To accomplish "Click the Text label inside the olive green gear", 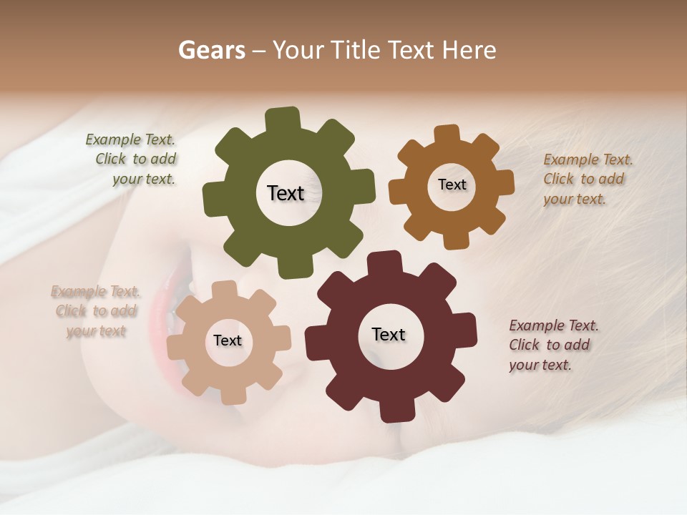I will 286,193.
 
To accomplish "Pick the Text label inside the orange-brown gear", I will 452,185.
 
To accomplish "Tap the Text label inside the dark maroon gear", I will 389,335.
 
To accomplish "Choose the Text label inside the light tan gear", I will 228,340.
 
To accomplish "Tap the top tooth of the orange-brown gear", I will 447,134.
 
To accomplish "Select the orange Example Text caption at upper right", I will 587,179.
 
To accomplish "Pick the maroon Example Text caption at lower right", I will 552,345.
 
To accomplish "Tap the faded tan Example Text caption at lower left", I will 96,311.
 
